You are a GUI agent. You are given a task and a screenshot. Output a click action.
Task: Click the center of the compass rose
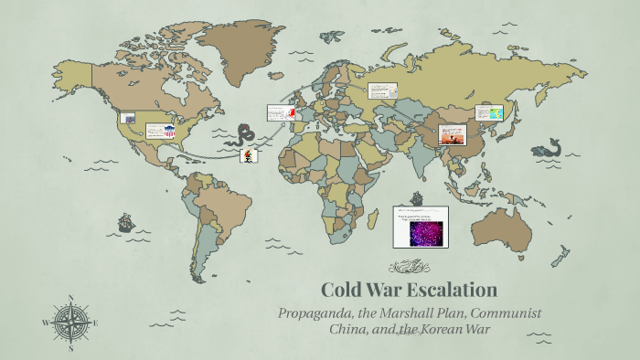(x=71, y=323)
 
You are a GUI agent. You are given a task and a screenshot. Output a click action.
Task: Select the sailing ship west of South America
(x=125, y=222)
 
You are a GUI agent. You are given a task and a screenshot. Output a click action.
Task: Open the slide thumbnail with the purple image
(x=420, y=227)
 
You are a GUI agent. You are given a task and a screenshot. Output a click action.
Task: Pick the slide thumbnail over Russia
(x=383, y=90)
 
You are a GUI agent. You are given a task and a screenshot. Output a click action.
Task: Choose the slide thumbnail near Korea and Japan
(x=489, y=113)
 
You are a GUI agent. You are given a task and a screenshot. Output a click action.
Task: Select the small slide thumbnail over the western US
(x=128, y=118)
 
